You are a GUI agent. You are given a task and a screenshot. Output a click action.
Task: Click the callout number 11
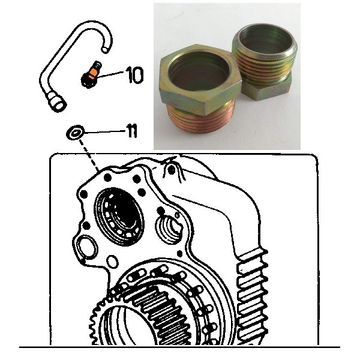(x=131, y=131)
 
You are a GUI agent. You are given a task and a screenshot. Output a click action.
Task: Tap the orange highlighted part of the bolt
(x=92, y=73)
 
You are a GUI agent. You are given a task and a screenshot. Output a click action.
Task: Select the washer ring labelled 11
(x=75, y=133)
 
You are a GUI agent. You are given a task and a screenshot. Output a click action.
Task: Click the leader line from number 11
(x=104, y=132)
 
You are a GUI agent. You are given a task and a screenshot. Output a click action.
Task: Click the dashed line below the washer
(x=89, y=155)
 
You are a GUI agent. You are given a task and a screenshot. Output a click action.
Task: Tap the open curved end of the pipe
(x=106, y=49)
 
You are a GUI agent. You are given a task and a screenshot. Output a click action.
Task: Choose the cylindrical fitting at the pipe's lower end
(x=57, y=103)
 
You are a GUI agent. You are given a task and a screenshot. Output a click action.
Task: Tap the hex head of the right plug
(x=266, y=89)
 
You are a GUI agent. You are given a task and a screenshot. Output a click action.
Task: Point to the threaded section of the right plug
(x=264, y=62)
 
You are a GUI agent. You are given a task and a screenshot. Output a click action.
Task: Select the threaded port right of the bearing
(x=169, y=230)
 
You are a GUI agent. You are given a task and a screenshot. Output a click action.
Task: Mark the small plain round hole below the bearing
(x=112, y=262)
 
